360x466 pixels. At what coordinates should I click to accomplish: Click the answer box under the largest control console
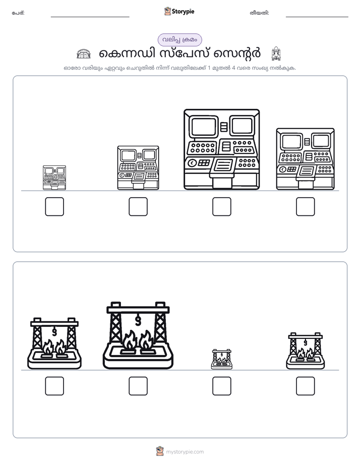pos(221,207)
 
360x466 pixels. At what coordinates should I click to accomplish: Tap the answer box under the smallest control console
pos(54,207)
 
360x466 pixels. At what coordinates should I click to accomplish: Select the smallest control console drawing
pos(54,178)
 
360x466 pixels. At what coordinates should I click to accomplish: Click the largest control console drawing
pos(221,149)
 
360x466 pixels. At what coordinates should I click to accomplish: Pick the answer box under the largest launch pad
pos(138,386)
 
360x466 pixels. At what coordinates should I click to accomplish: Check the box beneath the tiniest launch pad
pos(221,386)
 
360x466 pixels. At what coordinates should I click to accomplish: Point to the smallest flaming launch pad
pos(221,359)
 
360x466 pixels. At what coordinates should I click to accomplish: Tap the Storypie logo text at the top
pos(183,12)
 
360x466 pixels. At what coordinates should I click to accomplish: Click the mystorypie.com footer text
pos(185,452)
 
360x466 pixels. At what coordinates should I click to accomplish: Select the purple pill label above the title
pos(179,40)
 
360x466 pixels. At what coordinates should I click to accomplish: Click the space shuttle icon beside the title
pos(276,53)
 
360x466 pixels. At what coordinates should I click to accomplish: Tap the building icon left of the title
pos(84,54)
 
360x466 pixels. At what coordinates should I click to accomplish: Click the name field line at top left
pos(90,17)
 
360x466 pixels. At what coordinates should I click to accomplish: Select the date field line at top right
pos(317,17)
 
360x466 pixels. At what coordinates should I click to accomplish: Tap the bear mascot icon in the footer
pos(160,451)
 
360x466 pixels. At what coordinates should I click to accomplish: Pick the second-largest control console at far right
pos(306,159)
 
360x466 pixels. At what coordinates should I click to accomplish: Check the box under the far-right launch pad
pos(306,386)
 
